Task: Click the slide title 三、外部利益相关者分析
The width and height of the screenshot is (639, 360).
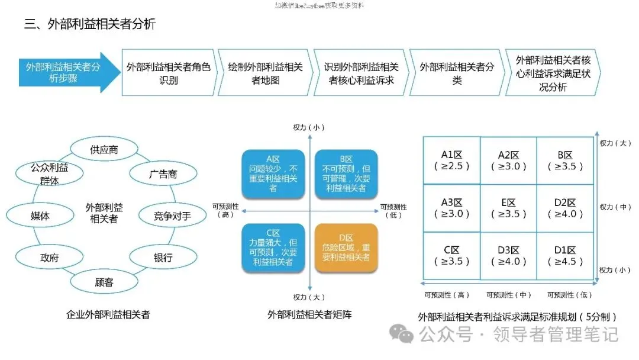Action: (89, 24)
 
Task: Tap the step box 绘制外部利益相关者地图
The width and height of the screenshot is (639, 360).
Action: (265, 73)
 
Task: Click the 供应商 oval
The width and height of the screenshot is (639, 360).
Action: (104, 149)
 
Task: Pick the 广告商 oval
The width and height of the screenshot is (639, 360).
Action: (163, 175)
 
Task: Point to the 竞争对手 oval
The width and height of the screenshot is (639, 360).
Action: (172, 216)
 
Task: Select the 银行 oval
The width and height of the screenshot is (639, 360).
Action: (163, 258)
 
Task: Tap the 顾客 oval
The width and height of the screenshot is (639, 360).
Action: (104, 282)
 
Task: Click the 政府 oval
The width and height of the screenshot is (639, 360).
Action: (49, 258)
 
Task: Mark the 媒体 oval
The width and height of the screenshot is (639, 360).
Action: (40, 216)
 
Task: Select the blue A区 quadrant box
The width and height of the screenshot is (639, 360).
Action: (273, 173)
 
